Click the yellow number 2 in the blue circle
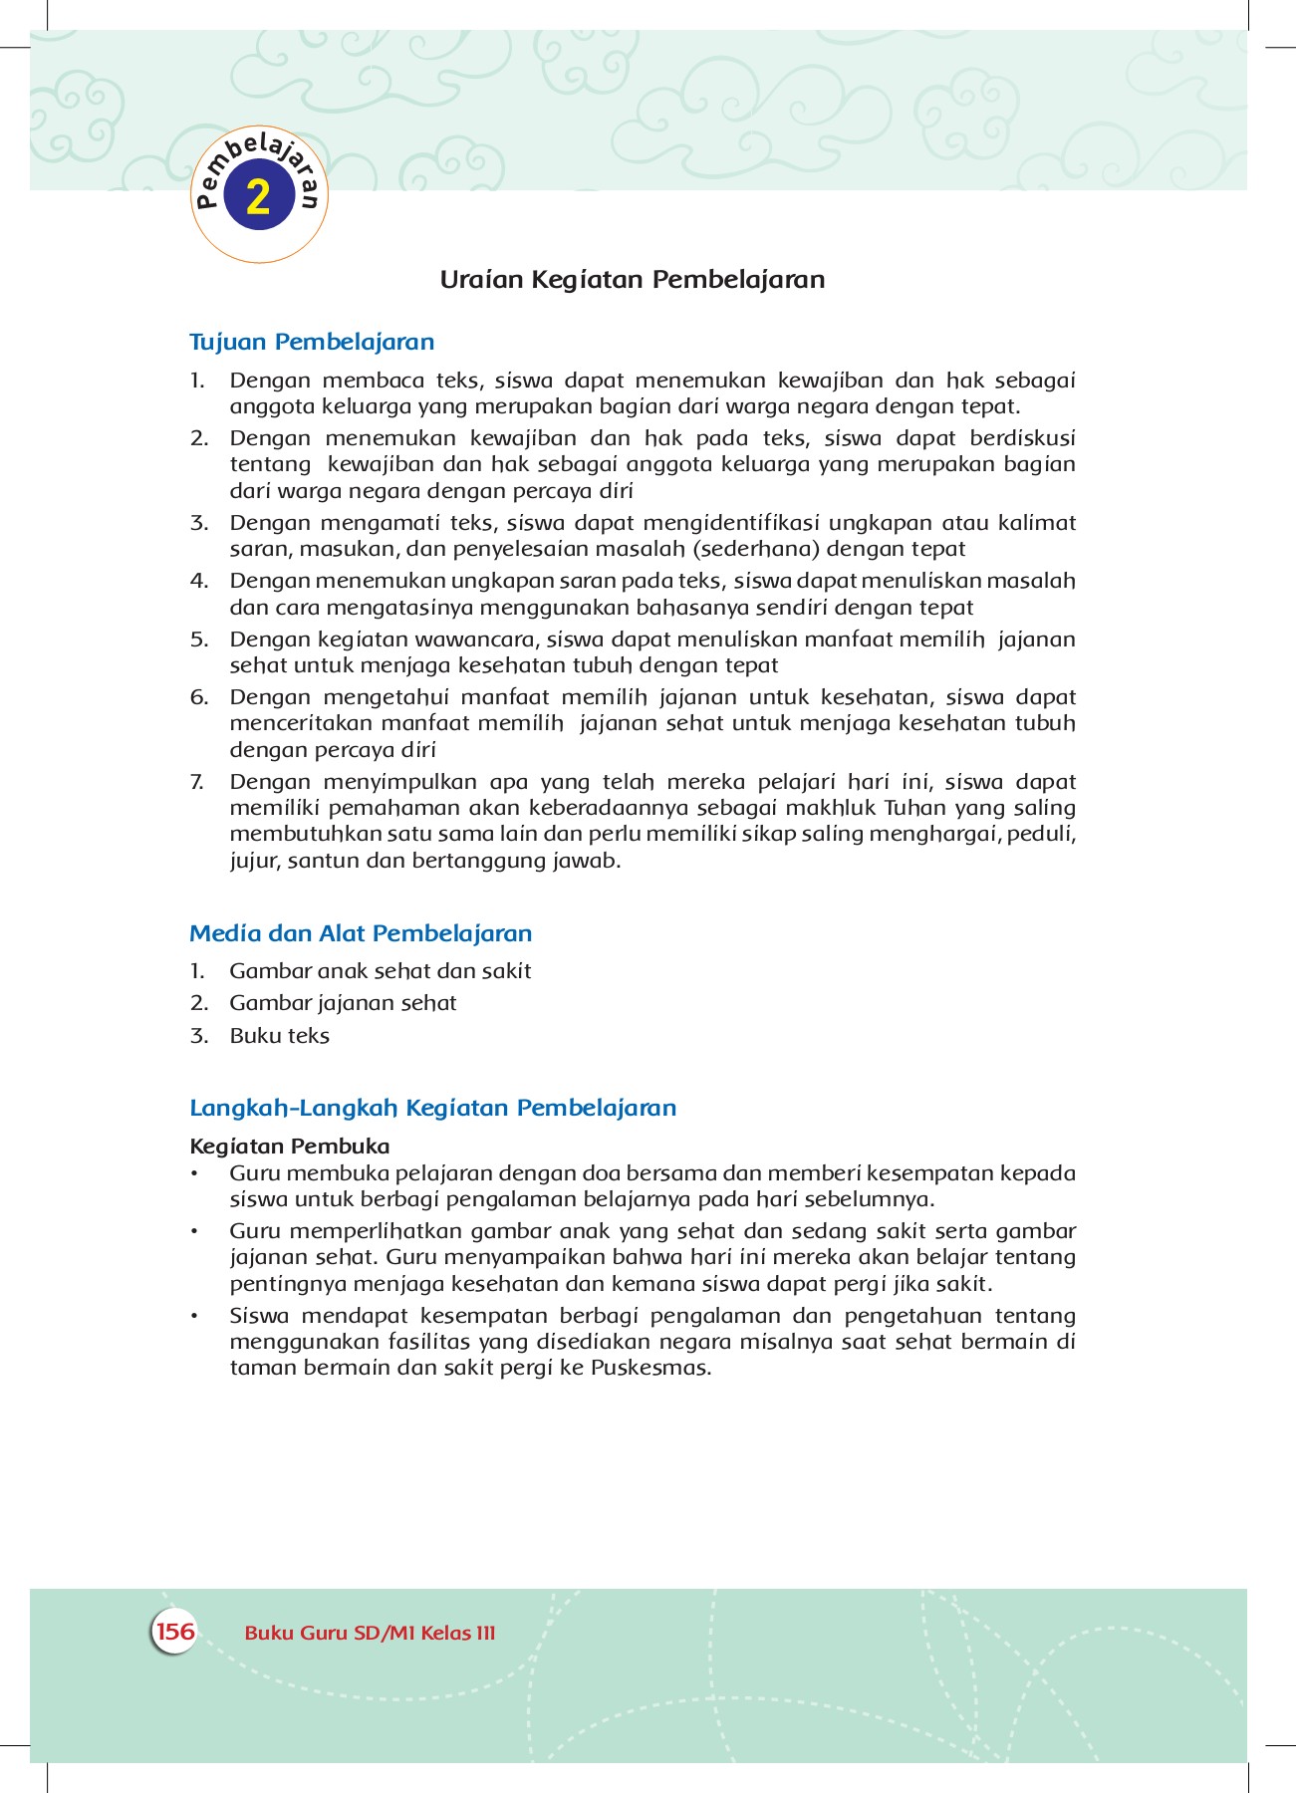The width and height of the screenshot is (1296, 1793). [x=258, y=197]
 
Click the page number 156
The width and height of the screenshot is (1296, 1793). [x=175, y=1631]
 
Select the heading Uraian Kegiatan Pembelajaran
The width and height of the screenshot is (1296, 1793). [x=633, y=280]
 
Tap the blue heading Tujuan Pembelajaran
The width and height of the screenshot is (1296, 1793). [x=312, y=342]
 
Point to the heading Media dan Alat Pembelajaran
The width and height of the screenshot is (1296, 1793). [x=361, y=933]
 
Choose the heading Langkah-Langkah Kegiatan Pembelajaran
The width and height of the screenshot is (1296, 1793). [x=432, y=1108]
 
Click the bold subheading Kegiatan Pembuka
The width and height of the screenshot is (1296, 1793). [x=290, y=1146]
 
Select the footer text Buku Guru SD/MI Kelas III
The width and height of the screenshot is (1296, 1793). [x=370, y=1633]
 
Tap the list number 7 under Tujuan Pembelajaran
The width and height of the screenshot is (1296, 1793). [x=197, y=782]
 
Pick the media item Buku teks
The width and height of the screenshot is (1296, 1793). [x=279, y=1036]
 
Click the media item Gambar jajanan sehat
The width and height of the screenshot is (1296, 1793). [x=343, y=1003]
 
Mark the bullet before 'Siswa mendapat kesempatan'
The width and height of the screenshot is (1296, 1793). [x=196, y=1317]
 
